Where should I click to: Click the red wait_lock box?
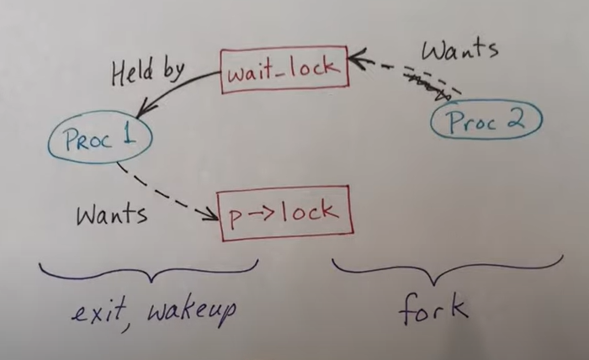(x=284, y=67)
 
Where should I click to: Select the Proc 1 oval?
(x=99, y=138)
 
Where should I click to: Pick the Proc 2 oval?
(x=486, y=120)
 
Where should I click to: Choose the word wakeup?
(x=189, y=313)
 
